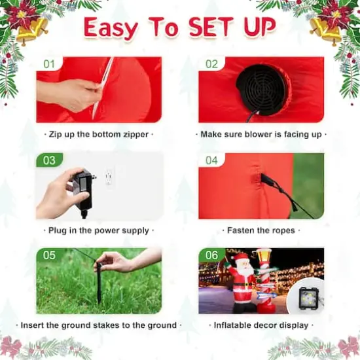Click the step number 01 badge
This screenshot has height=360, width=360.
click(x=50, y=64)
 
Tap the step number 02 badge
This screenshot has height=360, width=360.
click(x=211, y=64)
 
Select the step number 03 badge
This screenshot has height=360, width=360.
click(x=50, y=160)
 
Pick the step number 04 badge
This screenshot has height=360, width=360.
click(x=211, y=160)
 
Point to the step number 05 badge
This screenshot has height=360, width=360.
click(x=50, y=255)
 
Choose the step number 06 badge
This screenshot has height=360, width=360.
click(x=211, y=255)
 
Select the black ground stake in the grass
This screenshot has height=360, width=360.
click(x=99, y=283)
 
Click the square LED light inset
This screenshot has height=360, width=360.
click(x=305, y=298)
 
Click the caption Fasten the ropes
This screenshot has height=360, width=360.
click(x=261, y=230)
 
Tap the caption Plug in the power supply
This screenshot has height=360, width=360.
click(x=99, y=230)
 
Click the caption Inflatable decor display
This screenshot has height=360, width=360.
click(x=261, y=325)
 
